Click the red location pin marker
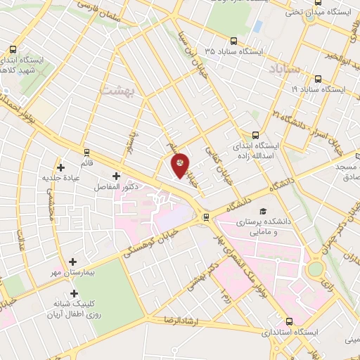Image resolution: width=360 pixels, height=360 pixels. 180,165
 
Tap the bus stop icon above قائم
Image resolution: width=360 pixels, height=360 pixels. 86,152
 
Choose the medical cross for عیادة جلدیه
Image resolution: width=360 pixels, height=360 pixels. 61,167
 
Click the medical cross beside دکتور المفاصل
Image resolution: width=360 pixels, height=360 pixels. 116,175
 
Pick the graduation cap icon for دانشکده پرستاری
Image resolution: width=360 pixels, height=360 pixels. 263,211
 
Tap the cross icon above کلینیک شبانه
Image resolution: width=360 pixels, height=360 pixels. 74,292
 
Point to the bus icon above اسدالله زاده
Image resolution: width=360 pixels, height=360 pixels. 255,136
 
